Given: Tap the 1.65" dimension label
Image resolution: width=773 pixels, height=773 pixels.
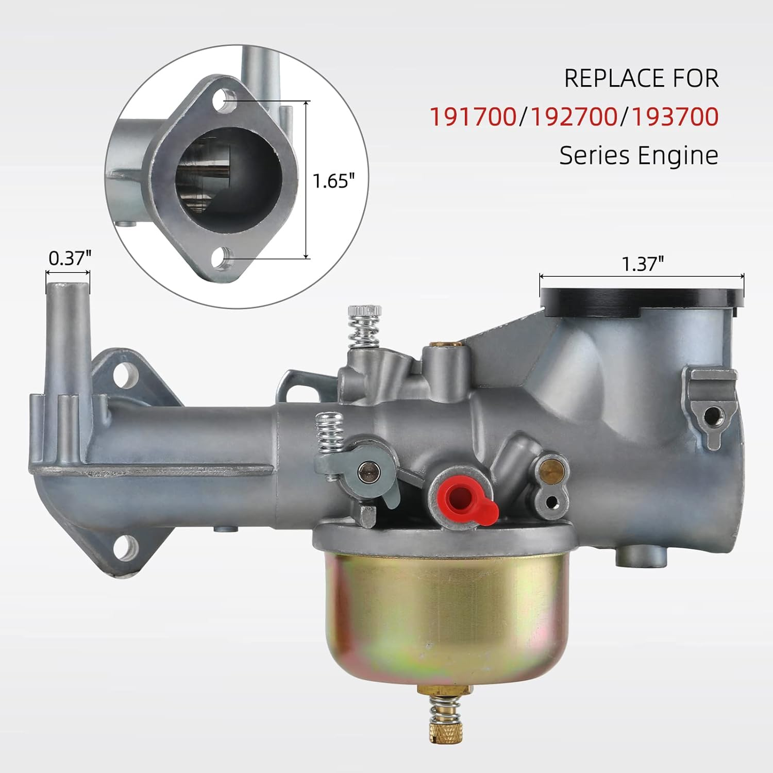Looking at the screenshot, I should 334,181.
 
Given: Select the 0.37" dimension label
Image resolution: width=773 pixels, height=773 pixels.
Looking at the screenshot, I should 70,258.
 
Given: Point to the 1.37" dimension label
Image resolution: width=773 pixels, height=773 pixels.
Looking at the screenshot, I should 642,264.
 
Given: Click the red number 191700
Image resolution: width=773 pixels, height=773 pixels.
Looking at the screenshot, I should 473,117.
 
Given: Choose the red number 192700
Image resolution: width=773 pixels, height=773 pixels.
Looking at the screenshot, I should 574,117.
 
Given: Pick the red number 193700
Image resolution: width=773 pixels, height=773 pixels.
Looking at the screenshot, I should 675,117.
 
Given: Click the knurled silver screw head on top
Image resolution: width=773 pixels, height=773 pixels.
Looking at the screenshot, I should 365,311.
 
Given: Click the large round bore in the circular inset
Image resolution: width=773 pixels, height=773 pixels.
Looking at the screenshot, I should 229,177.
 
